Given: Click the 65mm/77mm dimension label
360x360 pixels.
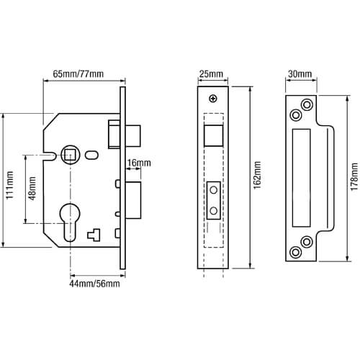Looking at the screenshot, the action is [x=78, y=73].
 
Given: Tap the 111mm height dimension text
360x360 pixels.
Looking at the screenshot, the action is [x=10, y=185].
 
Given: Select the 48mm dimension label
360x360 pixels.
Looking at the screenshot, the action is [x=32, y=188].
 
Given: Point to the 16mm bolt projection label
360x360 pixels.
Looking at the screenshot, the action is [x=139, y=163].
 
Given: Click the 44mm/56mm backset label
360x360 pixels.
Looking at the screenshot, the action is [x=94, y=284].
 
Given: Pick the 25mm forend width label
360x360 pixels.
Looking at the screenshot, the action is [x=212, y=74].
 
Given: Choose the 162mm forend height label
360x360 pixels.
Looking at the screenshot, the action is [x=257, y=175].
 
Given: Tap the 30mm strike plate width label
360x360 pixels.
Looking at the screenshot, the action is [x=300, y=74].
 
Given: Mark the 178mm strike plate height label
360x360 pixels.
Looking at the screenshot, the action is [x=354, y=176].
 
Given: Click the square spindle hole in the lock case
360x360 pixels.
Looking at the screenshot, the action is [x=70, y=154].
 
